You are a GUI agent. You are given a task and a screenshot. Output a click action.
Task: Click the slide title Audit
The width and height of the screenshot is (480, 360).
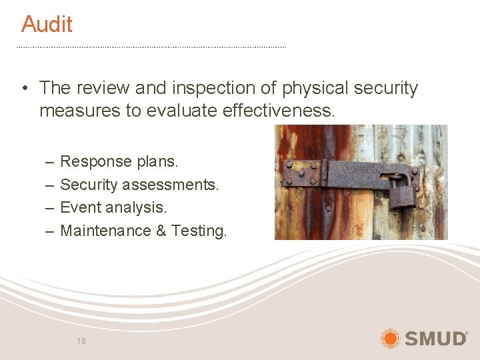tap(47, 24)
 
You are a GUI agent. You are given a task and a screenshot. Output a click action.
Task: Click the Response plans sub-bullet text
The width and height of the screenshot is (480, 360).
tap(119, 161)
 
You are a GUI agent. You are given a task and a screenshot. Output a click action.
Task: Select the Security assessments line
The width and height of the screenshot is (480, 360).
tap(139, 185)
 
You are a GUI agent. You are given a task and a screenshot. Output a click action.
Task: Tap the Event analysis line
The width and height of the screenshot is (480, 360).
tap(113, 207)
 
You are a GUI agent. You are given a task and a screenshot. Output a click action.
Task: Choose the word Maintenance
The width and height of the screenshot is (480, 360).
tap(106, 231)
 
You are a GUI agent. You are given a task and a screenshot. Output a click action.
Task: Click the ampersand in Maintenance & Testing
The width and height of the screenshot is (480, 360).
tap(161, 231)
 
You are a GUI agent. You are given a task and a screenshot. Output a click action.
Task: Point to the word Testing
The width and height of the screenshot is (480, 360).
tap(199, 231)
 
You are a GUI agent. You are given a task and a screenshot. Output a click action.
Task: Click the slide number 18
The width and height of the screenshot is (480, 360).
tap(81, 341)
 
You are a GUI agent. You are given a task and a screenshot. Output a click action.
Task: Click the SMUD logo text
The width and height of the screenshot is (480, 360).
tap(436, 339)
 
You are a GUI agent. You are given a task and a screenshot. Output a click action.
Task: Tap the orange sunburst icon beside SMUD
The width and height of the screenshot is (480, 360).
tap(391, 339)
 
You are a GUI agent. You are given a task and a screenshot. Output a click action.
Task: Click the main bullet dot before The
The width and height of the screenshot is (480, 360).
tap(23, 89)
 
